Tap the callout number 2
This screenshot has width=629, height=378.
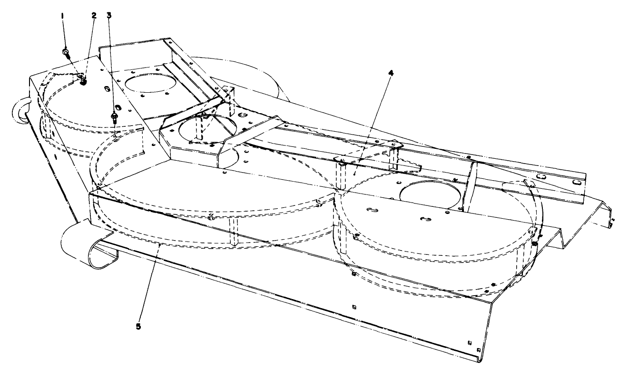pos(94,15)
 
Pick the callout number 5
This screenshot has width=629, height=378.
pos(138,327)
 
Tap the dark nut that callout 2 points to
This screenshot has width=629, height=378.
pos(84,82)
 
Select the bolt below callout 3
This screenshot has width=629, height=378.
pos(114,116)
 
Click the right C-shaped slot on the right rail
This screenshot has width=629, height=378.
pos(577,182)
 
